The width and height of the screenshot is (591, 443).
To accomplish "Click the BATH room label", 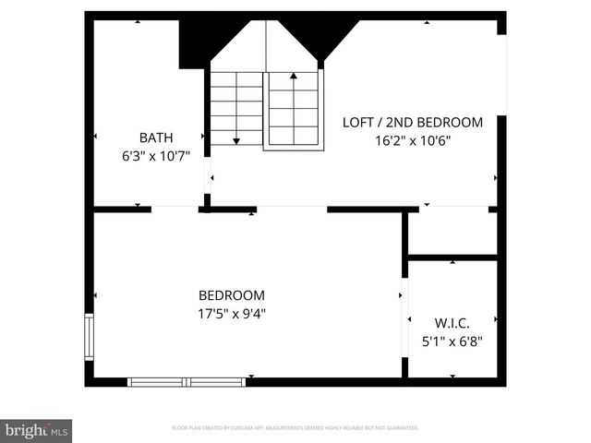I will (x=156, y=138).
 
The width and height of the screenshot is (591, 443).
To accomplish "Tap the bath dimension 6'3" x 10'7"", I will (x=156, y=156).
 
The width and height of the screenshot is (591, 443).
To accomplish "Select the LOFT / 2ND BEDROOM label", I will (x=413, y=122).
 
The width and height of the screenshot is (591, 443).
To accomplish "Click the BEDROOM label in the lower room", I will (x=232, y=295).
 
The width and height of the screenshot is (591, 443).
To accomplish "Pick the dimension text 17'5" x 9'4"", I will (x=232, y=313).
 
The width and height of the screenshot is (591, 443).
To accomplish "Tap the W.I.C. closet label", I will (x=452, y=323).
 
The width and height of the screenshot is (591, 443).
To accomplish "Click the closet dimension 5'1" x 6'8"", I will (x=452, y=341).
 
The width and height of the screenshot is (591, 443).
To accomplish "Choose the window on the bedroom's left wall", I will (x=90, y=337).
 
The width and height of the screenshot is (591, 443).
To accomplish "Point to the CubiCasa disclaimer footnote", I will (x=295, y=428).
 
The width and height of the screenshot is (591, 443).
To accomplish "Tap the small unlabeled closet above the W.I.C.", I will (x=452, y=232).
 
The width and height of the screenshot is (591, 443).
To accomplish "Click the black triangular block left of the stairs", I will (x=196, y=42).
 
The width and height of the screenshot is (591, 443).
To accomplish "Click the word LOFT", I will (x=358, y=122).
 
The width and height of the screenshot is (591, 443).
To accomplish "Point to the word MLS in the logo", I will (x=59, y=431).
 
